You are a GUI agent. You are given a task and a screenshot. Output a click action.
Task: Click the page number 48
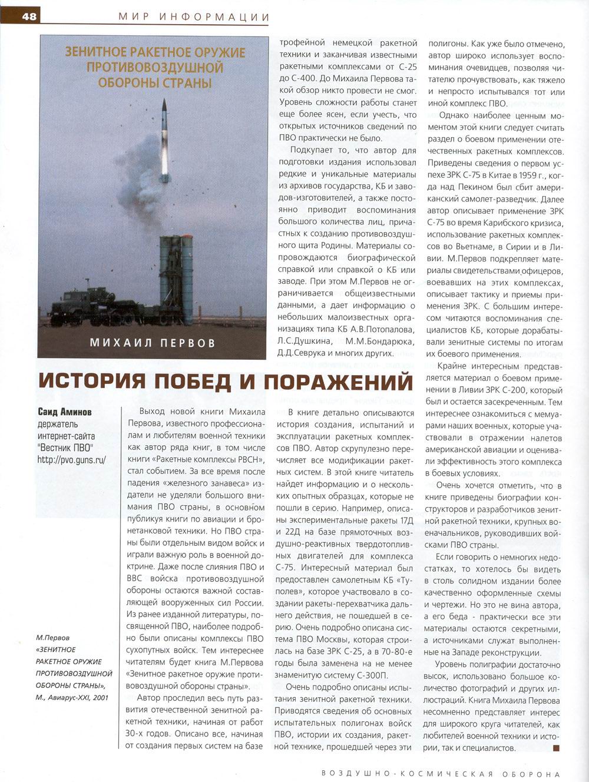(x=29, y=16)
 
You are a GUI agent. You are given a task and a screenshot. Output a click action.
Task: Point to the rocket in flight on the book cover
(x=164, y=138)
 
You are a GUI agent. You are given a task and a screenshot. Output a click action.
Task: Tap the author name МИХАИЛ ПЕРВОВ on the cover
(x=153, y=342)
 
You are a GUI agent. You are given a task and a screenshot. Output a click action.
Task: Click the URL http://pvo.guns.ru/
(x=71, y=460)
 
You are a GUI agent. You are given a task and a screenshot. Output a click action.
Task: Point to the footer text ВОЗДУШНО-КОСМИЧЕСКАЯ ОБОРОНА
(x=441, y=774)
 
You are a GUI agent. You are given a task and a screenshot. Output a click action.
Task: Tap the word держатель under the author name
(x=58, y=424)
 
